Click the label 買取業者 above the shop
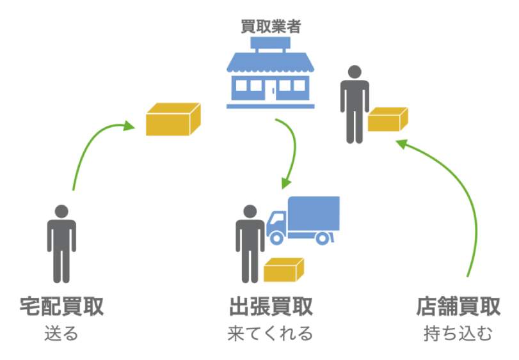pyautogui.click(x=270, y=27)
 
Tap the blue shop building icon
pyautogui.click(x=271, y=77)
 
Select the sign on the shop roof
pyautogui.click(x=271, y=44)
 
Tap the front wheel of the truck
pyautogui.click(x=277, y=238)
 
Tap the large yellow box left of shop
pyautogui.click(x=173, y=118)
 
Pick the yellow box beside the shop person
pyautogui.click(x=387, y=120)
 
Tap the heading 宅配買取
pyautogui.click(x=61, y=306)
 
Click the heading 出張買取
pyautogui.click(x=271, y=306)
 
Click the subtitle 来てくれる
pyautogui.click(x=271, y=334)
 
